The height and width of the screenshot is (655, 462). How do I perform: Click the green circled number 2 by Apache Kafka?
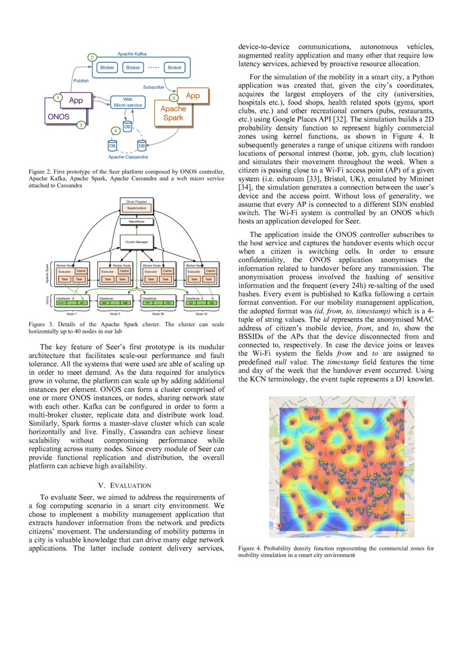92,57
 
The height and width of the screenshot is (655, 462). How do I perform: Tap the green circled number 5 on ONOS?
82,125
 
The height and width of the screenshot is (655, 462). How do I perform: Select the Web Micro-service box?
128,102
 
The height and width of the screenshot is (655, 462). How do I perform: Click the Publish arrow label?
81,81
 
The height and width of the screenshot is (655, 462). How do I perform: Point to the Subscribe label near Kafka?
153,87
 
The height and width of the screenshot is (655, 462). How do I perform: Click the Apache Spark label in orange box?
173,113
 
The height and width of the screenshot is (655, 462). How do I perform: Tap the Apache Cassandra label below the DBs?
128,157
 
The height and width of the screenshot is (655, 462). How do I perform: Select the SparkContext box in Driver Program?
136,208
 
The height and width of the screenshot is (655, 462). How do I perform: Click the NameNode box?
136,222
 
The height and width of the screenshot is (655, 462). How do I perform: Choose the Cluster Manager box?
136,242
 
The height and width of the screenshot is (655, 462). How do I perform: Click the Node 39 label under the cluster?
158,314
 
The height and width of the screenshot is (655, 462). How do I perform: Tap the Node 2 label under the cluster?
115,314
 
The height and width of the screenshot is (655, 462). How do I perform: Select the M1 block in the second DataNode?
105,303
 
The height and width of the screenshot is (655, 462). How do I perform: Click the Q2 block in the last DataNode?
211,303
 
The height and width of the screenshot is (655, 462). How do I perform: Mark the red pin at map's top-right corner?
404,403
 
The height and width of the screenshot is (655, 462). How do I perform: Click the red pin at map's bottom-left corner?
280,527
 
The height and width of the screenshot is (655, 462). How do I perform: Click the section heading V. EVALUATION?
125,485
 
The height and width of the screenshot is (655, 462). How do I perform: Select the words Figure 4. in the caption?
249,549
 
